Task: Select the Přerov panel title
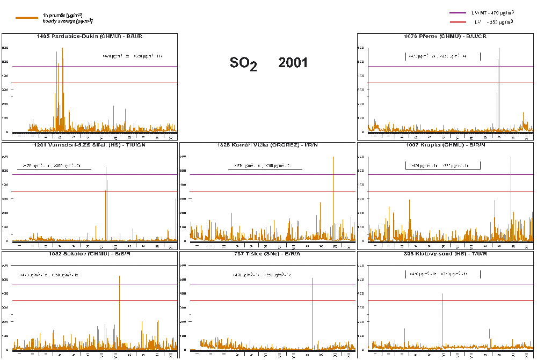tap(445, 36)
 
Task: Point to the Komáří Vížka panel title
tap(267, 145)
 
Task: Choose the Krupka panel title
tap(445, 145)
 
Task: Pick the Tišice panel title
tap(267, 254)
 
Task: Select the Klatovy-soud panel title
tap(445, 254)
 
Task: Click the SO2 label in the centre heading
tap(243, 63)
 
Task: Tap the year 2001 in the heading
tap(293, 63)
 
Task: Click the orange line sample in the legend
tap(27, 18)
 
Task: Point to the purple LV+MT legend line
tap(457, 13)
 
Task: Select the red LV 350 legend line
tap(457, 22)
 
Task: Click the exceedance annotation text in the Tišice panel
tap(262, 275)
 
